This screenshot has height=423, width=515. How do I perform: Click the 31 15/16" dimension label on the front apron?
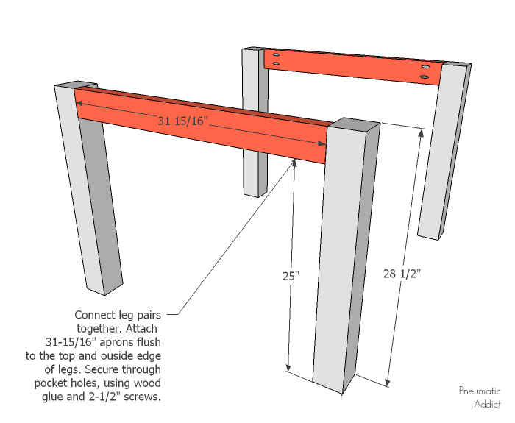[184, 121]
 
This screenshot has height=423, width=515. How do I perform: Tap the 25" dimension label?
[291, 277]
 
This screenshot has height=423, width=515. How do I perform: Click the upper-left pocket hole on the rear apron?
[275, 55]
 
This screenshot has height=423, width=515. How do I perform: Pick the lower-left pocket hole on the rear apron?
[275, 64]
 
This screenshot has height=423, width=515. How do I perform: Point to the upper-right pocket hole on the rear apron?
[425, 68]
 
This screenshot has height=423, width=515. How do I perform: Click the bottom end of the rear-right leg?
[430, 235]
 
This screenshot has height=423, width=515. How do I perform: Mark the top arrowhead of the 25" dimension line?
[294, 163]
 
